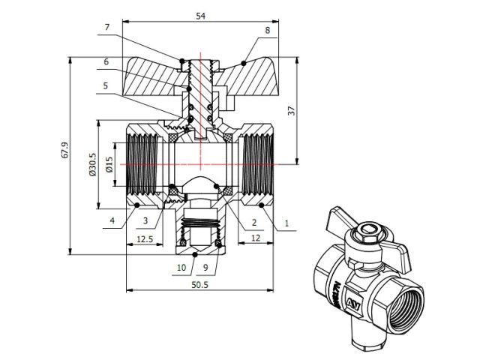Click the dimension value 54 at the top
tap(200, 15)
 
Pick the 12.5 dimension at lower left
tap(144, 238)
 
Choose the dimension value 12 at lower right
tap(255, 238)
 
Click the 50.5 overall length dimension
tap(200, 285)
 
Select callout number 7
tap(107, 28)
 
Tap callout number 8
tap(267, 31)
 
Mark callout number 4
tap(112, 220)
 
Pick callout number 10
tap(180, 267)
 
